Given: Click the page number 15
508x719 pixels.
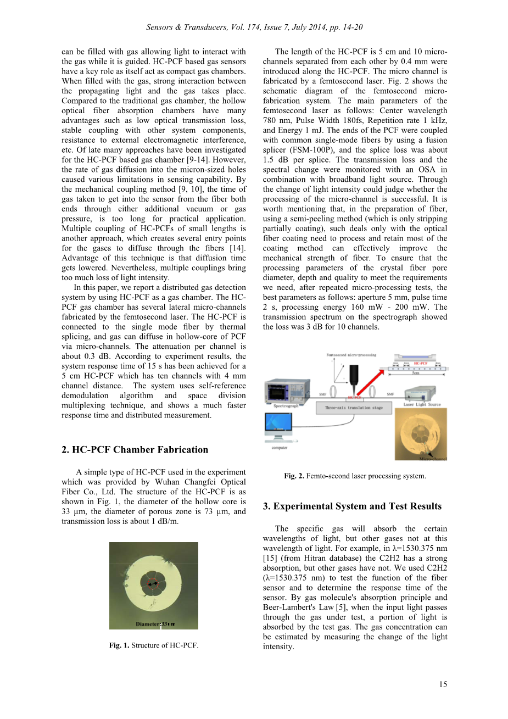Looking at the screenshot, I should click(443, 684).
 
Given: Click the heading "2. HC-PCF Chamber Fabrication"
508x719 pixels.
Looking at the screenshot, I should click(135, 450).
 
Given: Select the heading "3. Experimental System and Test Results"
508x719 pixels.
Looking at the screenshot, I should click(352, 506).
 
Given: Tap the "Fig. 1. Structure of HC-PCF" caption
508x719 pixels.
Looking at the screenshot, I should click(154, 645).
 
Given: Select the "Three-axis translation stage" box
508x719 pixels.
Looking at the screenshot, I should click(354, 408).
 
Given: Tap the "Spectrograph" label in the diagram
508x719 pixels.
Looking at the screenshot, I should click(286, 406).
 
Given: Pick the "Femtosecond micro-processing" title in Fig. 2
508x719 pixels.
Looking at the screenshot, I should click(351, 355).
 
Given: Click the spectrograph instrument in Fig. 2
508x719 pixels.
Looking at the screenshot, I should click(286, 391).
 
